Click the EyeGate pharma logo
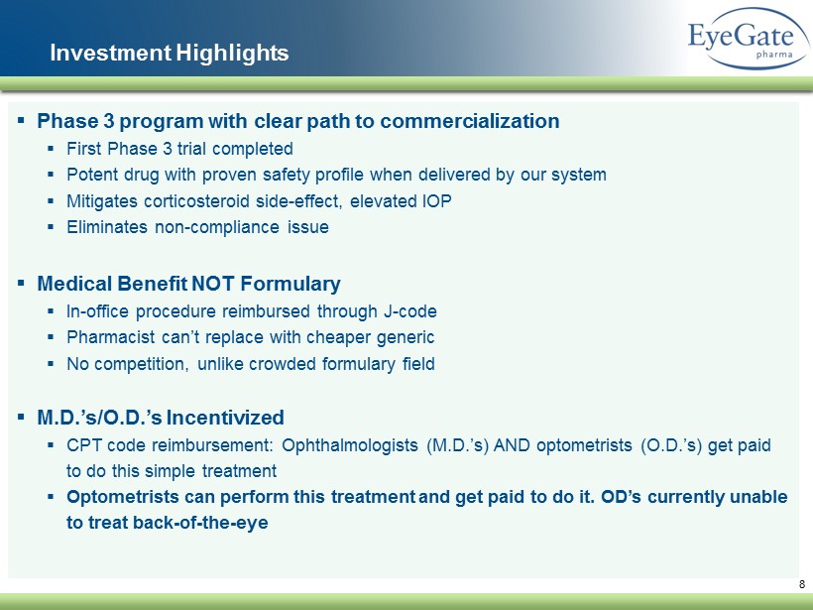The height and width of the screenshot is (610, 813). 749,39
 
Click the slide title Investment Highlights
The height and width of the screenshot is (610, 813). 169,53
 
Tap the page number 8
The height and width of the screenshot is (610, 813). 801,584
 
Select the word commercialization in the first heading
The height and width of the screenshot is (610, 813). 470,121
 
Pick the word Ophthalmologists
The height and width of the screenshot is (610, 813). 350,445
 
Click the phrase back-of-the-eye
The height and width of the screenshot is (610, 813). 200,522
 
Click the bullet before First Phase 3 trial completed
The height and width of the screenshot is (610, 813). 51,149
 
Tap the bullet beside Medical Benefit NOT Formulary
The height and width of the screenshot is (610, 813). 21,283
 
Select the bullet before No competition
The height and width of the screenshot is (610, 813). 51,364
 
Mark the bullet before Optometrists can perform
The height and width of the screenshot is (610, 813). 51,496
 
